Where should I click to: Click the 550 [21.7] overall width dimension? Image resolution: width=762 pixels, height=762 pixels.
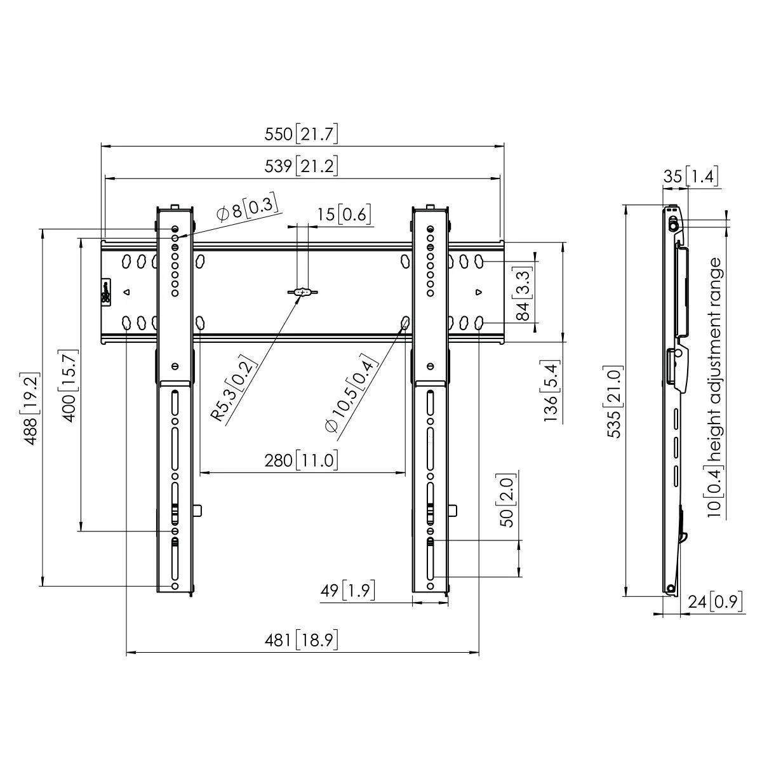302,135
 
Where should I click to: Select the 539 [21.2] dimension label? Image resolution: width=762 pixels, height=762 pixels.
302,166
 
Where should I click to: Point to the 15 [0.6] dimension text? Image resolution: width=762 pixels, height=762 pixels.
344,215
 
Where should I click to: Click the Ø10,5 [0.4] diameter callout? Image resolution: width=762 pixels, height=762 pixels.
349,397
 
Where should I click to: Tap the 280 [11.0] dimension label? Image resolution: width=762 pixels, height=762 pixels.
302,460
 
